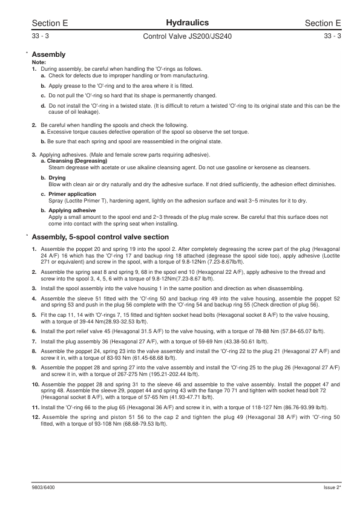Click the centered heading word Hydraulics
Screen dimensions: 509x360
tap(180, 22)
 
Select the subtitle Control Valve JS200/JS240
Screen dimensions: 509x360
tap(180, 36)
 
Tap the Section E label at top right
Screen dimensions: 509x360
tap(323, 23)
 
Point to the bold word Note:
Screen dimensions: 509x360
tap(38, 63)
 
